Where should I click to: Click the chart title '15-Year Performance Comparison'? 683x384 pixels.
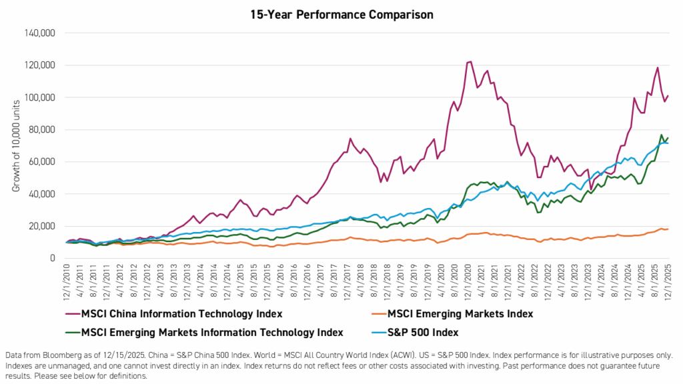tap(341, 13)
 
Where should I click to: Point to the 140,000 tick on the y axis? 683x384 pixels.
tap(38, 33)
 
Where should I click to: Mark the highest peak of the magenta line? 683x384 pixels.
tap(470, 61)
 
